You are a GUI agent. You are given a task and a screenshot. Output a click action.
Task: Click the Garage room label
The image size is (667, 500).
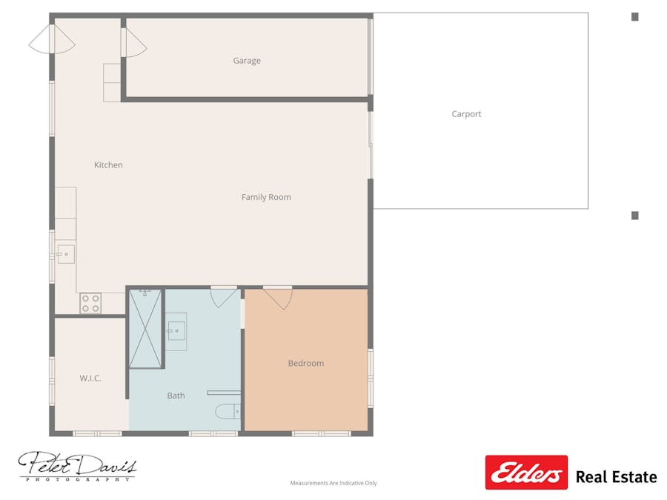pos(247,61)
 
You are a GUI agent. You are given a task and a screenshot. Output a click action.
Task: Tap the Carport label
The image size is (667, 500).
pos(466,114)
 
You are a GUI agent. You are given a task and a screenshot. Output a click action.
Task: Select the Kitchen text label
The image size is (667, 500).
pos(108,165)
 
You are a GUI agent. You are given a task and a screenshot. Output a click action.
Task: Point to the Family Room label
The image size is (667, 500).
pos(266,197)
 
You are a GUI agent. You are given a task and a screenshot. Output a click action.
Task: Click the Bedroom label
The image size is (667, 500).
pos(306,363)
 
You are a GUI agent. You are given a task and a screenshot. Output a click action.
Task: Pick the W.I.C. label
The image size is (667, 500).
pos(90,379)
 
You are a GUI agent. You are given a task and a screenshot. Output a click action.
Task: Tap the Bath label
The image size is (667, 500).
pos(176,396)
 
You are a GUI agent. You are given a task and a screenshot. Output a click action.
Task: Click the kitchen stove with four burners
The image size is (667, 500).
pos(90,303)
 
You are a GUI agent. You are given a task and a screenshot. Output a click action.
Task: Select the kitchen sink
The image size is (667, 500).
pos(65,254)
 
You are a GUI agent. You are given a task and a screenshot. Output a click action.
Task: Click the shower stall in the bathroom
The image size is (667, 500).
pos(145,328)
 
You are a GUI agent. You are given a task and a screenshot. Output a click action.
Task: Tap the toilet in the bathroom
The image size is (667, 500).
pos(228,411)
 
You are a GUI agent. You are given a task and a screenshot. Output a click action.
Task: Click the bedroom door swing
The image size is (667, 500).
pos(278,297)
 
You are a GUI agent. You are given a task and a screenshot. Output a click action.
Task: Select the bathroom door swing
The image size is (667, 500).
pos(224,296)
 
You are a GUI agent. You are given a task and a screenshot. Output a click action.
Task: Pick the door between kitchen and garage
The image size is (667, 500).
pos(133,42)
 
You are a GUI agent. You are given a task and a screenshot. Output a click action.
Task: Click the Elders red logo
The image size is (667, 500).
pos(526,473)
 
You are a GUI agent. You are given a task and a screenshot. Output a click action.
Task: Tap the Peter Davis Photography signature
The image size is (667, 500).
pos(77,467)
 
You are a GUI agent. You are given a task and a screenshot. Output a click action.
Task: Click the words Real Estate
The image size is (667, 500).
pos(616,477)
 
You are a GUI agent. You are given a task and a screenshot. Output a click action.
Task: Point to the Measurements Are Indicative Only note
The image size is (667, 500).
pos(333,483)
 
